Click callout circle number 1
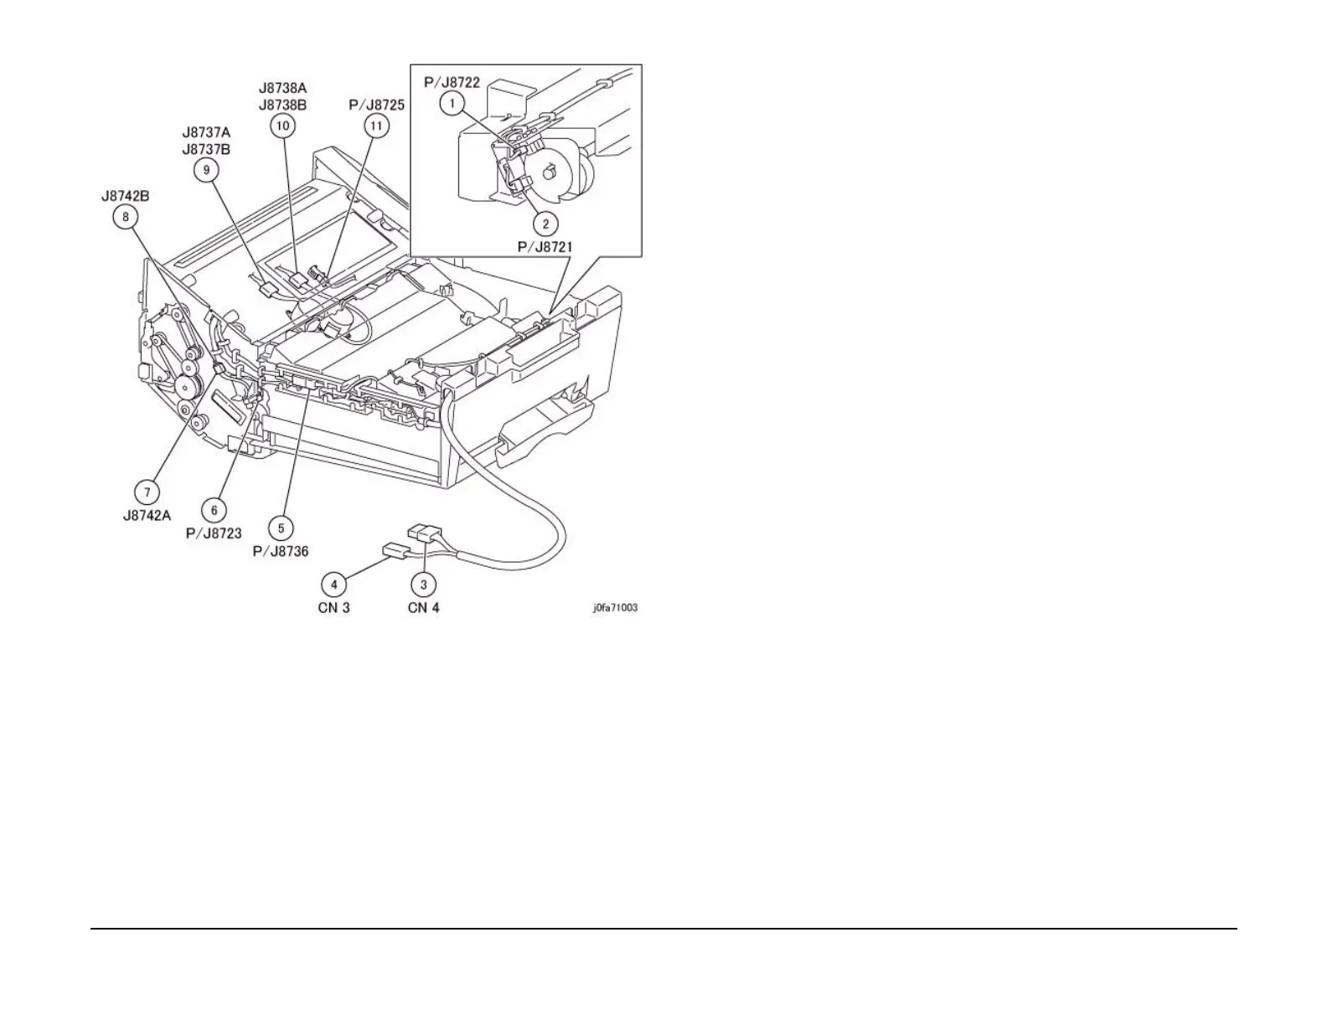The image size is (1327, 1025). coord(452,104)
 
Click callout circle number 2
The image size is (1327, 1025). coord(546,224)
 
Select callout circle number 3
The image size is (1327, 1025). coord(424,584)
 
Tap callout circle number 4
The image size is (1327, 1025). coord(334,584)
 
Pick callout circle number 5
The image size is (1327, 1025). coord(281,528)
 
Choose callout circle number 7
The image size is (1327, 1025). coord(147,492)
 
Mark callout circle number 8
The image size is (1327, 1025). coord(126,217)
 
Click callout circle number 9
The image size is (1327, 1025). coord(206,170)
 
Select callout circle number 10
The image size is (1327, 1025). coord(283,126)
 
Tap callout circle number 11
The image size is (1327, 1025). coord(377,126)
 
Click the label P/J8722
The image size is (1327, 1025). coord(452,82)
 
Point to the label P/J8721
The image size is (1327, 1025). coord(545,247)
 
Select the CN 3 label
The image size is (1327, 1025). coord(334,607)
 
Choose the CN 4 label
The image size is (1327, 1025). coord(424,607)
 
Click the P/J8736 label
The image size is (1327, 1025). coord(281,551)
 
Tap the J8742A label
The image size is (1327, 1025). coord(147,516)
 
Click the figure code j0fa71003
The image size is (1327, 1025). coord(616,608)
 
